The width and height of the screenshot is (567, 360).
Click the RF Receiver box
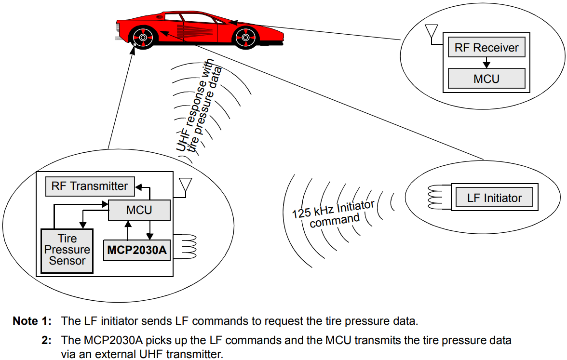pos(486,48)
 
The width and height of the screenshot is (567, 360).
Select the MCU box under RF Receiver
pos(486,78)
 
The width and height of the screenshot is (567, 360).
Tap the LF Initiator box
pos(494,198)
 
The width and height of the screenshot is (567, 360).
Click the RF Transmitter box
pos(89,186)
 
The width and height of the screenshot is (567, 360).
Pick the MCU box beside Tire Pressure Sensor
pos(139,210)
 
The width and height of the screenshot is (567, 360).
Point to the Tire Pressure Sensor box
pos(67,250)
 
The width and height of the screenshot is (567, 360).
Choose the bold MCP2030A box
pos(137,250)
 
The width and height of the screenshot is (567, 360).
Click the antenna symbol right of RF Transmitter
pos(185,186)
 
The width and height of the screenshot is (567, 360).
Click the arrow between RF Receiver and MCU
pos(486,63)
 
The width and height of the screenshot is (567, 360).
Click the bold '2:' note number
pos(47,341)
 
